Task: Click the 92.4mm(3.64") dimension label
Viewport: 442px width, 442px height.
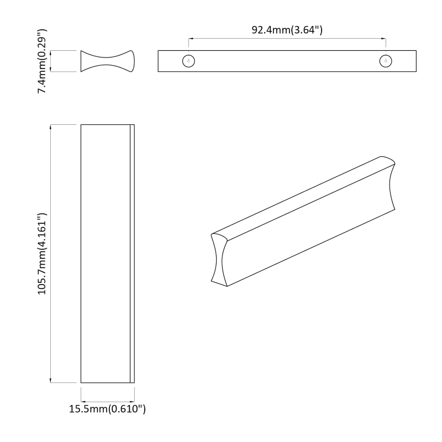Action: pos(287,30)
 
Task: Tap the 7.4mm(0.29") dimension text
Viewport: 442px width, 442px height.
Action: pos(43,61)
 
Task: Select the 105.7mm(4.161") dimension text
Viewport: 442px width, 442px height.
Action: pos(43,254)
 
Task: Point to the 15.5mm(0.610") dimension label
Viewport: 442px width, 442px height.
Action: pos(107,409)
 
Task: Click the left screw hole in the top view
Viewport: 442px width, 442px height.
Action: pos(189,61)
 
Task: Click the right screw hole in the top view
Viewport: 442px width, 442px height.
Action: pos(386,61)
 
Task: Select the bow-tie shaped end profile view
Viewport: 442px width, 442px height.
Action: pos(107,61)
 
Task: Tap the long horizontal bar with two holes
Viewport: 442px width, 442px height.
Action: pos(287,66)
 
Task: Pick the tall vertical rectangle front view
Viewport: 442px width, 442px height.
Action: pos(105,254)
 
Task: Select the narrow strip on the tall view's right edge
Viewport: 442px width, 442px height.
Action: pos(132,254)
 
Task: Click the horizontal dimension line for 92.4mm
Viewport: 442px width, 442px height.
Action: pos(287,39)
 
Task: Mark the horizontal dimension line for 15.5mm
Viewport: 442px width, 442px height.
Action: pos(107,402)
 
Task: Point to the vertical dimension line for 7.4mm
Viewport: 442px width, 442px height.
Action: pos(51,61)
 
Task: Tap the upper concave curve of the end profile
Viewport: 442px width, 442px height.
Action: pos(107,55)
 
